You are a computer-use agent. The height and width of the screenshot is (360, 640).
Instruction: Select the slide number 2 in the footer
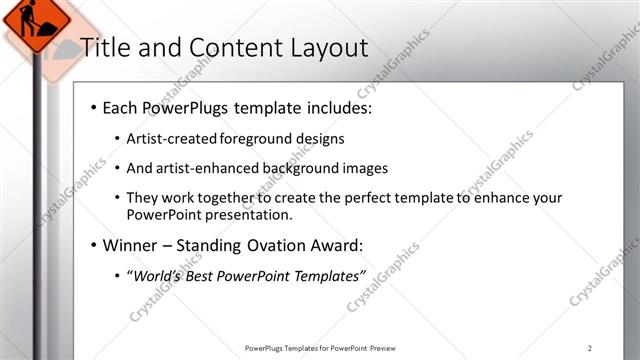[590, 347]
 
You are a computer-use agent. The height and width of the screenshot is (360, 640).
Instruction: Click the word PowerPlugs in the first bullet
[186, 106]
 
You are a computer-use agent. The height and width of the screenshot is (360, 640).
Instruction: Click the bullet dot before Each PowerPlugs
[92, 107]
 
